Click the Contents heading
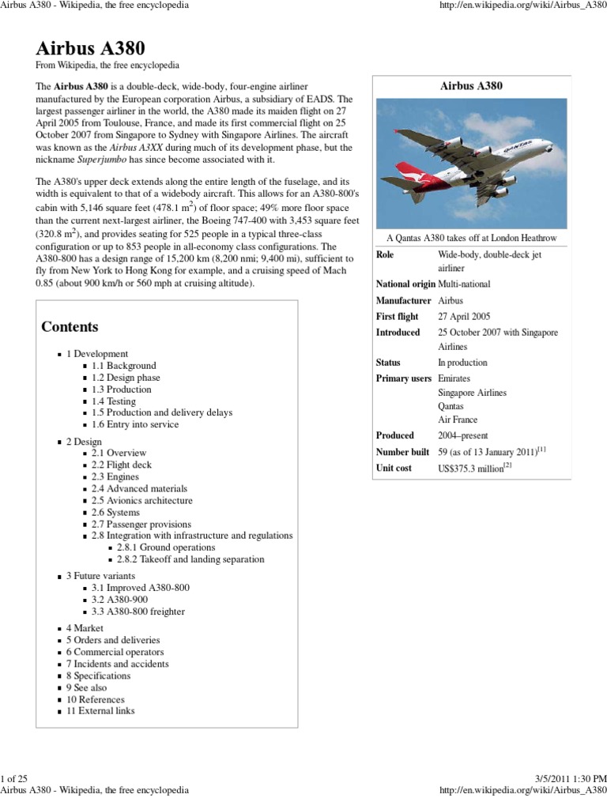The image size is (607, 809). [x=70, y=326]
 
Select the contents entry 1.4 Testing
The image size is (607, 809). [x=113, y=401]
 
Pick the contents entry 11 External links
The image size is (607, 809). [x=100, y=711]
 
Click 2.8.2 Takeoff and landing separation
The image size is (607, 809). [x=190, y=559]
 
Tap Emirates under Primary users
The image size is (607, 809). [x=454, y=378]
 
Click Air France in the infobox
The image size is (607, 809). [x=458, y=420]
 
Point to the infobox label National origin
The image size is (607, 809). [x=405, y=284]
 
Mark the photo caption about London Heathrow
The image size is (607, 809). [x=472, y=238]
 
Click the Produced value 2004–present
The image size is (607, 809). [x=463, y=435]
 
